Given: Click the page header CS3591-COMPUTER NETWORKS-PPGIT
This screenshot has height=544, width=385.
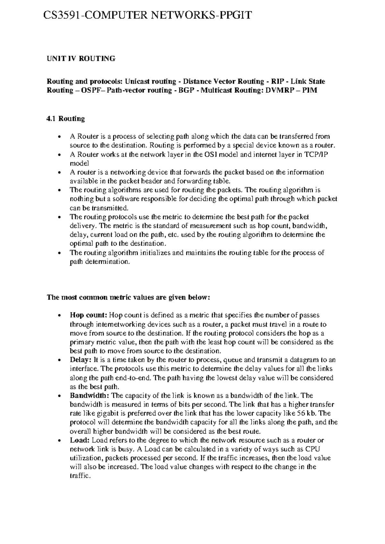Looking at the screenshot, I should point(148,15).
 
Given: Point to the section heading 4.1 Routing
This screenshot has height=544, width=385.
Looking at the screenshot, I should point(66,119).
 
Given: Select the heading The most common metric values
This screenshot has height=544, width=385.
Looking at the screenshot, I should point(128,297).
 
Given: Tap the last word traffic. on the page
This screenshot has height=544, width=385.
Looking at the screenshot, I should point(80,476).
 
